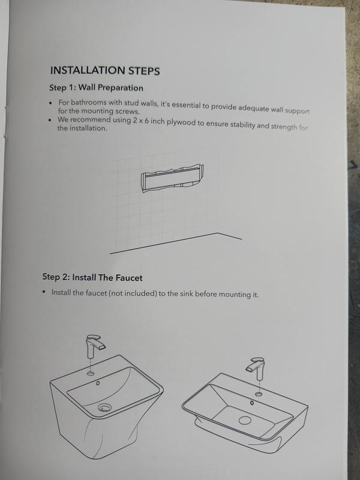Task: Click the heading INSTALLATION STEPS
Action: [x=105, y=71]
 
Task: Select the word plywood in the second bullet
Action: [x=181, y=122]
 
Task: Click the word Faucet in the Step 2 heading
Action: [x=129, y=278]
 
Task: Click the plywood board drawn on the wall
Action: [x=172, y=178]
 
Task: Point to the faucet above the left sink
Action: [x=93, y=346]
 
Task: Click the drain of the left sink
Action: [x=104, y=407]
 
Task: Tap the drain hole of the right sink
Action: [x=245, y=420]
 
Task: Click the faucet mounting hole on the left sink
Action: [x=91, y=373]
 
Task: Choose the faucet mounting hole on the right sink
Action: [x=259, y=394]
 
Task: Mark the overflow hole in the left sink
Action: [x=98, y=383]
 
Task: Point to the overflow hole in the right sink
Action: [x=251, y=403]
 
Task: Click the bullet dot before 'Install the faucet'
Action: [x=44, y=292]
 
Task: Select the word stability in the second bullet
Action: [x=242, y=125]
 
